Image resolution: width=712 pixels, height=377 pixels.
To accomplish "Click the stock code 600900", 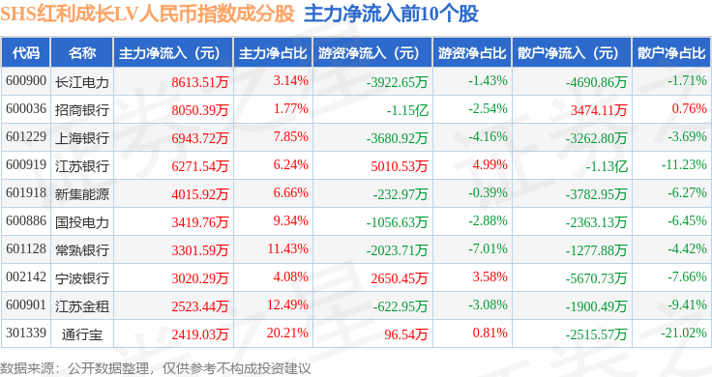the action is coord(26,81).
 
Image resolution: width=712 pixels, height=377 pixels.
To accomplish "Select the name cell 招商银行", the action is coord(82,110).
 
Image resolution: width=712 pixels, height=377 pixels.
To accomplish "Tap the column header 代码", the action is coord(26,52).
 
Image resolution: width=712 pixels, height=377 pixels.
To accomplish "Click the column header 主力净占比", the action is coord(273,52).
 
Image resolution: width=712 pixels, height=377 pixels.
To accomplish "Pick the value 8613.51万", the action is coord(200,81).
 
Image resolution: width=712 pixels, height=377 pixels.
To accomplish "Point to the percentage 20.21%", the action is coord(287,333).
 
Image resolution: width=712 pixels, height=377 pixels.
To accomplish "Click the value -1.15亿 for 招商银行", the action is coord(407,110).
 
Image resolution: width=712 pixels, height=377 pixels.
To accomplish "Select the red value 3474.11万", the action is coord(599,110).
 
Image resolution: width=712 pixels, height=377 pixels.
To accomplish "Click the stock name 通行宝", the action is coord(82,334).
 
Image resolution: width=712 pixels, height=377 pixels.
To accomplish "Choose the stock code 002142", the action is coord(26,276).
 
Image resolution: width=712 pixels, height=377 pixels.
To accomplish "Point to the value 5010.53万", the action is coord(400,166).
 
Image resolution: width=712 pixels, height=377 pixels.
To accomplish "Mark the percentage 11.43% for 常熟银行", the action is coord(288,248).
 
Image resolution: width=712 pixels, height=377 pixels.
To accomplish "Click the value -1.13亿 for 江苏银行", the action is coord(607,166).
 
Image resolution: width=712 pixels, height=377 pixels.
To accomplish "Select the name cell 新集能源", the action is coord(82,194).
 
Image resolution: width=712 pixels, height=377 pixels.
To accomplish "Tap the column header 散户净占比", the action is coord(671,52).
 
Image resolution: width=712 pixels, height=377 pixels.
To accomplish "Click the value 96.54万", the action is coord(406,334).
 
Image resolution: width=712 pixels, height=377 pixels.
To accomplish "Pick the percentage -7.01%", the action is coord(488,248).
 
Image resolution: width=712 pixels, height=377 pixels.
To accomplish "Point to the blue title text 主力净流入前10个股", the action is coord(391,14).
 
